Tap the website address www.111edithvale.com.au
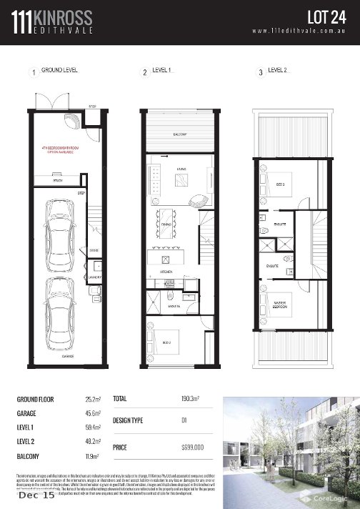[300, 31]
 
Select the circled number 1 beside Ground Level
[33, 72]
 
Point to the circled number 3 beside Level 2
[261, 72]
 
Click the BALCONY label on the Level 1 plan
[180, 134]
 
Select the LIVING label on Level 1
[181, 169]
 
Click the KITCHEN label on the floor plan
[166, 272]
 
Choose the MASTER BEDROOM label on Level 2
[280, 308]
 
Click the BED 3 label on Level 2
[280, 184]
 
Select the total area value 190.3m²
[190, 397]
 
